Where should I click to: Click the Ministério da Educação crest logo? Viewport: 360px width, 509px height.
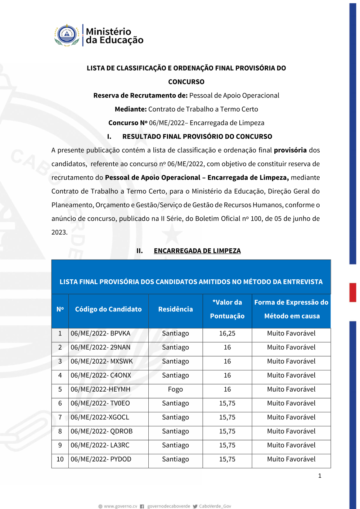coord(67,35)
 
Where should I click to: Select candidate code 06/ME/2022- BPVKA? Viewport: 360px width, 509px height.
coord(100,334)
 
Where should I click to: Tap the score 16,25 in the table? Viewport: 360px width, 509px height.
coord(227,334)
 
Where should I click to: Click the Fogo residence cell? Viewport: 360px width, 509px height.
coord(175,389)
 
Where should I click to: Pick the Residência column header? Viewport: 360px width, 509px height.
coord(175,309)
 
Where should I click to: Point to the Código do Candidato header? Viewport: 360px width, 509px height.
coord(108,309)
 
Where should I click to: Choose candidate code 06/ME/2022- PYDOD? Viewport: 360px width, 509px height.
coord(101,459)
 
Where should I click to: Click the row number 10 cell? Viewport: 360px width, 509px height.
coord(60,459)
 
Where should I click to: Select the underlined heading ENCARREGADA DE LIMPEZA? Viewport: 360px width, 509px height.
coord(197,251)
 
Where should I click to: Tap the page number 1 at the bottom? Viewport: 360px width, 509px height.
coord(320,476)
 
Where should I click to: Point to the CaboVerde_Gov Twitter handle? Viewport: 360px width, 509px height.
coord(215,506)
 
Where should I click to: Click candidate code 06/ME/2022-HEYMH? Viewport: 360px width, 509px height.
coord(100,389)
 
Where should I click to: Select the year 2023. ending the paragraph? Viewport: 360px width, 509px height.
coord(59,233)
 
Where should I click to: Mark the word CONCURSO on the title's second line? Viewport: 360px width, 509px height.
coord(186,82)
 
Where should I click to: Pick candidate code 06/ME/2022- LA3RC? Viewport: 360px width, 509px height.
coord(100,445)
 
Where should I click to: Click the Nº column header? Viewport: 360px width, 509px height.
coord(60,309)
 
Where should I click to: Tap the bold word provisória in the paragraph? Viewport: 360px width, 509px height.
coord(290,150)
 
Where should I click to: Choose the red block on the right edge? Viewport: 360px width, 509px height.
coord(353,292)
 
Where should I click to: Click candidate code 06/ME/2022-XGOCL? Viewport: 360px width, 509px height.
coord(100,418)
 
